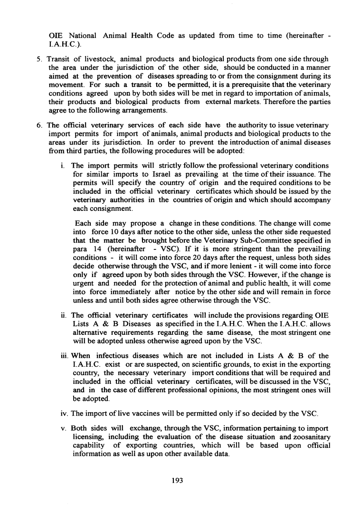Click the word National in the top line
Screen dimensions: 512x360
(x=82, y=22)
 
